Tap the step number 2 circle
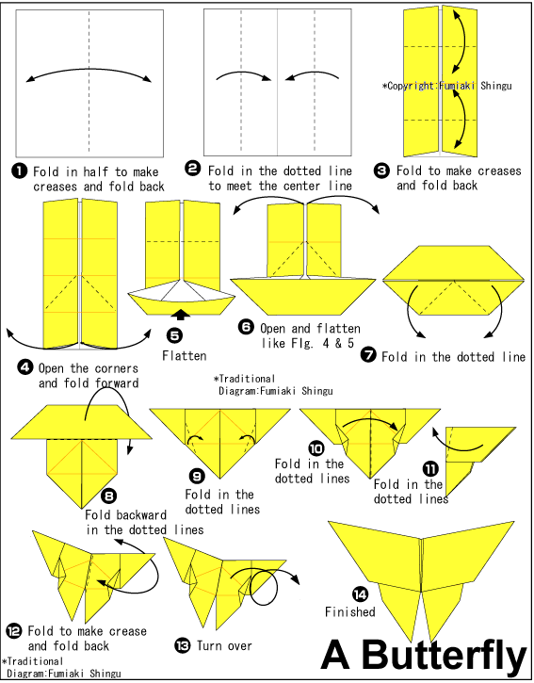point(193,170)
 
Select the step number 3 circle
point(381,171)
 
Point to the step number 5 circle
point(173,333)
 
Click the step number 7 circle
point(368,354)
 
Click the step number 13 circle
point(183,645)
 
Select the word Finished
point(349,611)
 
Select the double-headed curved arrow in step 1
point(90,73)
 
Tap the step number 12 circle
point(14,630)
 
